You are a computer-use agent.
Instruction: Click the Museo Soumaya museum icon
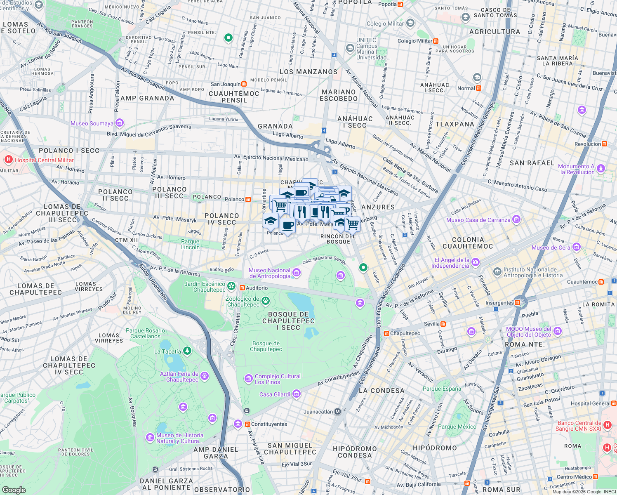click(120, 123)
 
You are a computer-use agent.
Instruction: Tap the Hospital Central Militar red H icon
click(8, 160)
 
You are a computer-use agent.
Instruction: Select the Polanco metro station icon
click(248, 199)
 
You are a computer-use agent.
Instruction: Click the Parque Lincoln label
click(190, 244)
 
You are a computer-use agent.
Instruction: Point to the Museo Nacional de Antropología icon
click(296, 273)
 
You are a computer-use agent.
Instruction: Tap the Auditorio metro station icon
click(242, 288)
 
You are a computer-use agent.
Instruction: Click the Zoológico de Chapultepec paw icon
click(266, 301)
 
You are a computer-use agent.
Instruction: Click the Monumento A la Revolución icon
click(601, 169)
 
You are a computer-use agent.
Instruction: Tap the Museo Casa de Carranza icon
click(516, 219)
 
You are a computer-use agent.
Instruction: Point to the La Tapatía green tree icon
click(187, 351)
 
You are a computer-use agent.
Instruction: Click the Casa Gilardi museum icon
click(296, 394)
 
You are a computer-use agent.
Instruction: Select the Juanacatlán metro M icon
click(338, 412)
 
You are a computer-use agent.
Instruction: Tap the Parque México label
click(457, 427)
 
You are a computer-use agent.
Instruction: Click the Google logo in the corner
click(14, 490)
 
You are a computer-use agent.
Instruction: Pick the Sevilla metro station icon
click(443, 324)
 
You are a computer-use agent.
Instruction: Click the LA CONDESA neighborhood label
click(382, 391)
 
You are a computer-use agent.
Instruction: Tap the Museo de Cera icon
click(577, 247)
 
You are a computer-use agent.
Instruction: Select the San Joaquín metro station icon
click(244, 84)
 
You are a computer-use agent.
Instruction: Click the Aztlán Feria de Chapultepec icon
click(205, 376)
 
